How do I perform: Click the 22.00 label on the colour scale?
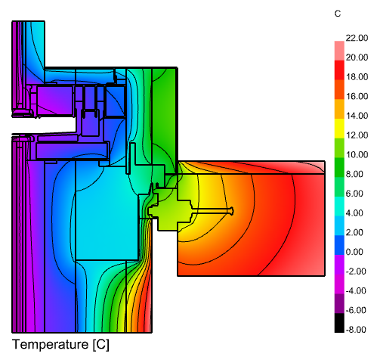coord(357,38)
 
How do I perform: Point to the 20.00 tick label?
coord(357,57)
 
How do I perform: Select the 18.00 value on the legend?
coord(357,77)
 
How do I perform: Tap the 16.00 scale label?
coord(357,96)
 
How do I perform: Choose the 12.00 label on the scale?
coord(357,135)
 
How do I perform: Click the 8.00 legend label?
coord(354,174)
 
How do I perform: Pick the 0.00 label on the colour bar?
coord(354,252)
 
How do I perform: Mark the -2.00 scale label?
coord(356,272)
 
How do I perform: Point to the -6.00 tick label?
coord(356,310)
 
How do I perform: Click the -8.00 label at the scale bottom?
coord(356,330)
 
